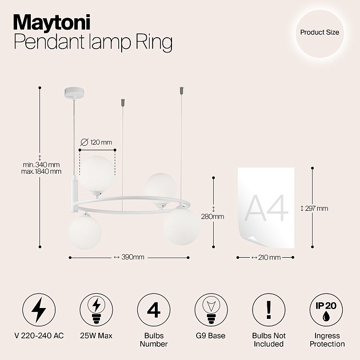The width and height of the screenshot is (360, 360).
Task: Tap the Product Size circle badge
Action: click(x=319, y=33)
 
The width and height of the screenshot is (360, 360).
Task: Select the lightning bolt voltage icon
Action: click(x=39, y=310)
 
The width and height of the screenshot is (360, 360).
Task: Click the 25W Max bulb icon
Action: click(x=96, y=310)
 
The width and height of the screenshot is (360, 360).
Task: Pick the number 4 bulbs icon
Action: click(x=153, y=310)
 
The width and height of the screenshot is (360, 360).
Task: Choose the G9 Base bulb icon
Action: click(x=210, y=310)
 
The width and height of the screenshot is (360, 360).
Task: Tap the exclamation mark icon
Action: click(x=267, y=310)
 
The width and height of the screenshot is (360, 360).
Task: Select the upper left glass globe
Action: click(x=97, y=173)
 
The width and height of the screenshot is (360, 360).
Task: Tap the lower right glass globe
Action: click(x=181, y=225)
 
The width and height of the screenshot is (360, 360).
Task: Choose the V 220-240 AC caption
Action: click(x=39, y=336)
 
